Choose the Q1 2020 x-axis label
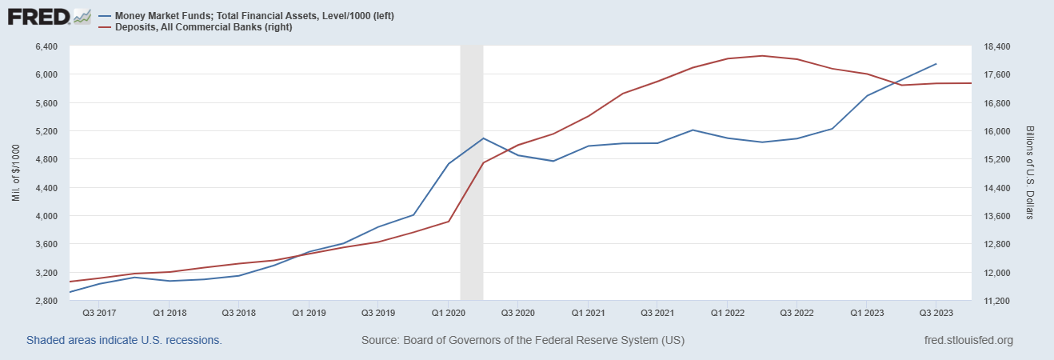449,312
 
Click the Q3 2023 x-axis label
935,312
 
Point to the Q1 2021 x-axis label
588,312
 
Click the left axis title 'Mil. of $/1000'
15,174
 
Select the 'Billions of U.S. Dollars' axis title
1029,174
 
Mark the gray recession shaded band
472,173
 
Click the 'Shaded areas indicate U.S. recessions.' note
124,340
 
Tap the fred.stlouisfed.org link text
968,340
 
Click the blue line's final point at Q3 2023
936,64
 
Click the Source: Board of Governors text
523,340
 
